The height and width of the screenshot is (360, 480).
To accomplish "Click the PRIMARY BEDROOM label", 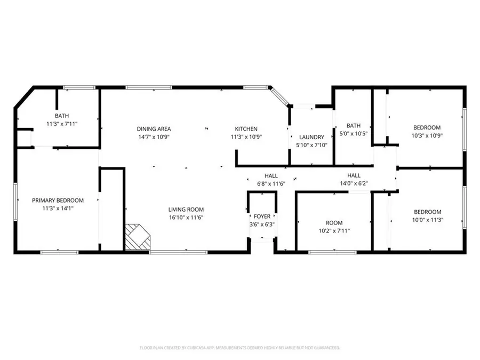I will click(58, 200).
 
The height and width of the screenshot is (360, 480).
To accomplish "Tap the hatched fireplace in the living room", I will click(137, 236).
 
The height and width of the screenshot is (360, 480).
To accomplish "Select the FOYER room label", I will click(261, 216).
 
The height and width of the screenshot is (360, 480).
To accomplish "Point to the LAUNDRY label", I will click(311, 137).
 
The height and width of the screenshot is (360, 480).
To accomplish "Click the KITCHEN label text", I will click(246, 129).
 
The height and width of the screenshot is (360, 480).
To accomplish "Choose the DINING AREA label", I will click(154, 129).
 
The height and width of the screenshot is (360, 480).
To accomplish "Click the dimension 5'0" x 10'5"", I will click(354, 133).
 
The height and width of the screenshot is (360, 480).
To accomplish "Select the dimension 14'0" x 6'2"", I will click(354, 183).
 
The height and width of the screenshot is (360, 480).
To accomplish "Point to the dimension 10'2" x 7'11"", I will click(334, 230).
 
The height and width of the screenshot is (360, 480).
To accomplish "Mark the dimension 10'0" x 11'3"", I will click(427, 219).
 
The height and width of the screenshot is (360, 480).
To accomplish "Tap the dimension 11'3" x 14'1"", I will click(58, 208).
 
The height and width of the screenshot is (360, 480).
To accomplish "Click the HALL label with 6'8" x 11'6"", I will click(271, 175).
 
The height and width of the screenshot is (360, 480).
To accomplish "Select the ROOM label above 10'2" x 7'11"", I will click(334, 222).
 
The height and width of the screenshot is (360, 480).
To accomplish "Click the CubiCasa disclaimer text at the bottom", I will click(239, 347).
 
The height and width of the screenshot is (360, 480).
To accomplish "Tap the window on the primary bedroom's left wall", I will click(15, 201).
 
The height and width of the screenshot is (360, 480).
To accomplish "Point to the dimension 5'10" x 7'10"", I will click(311, 145).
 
